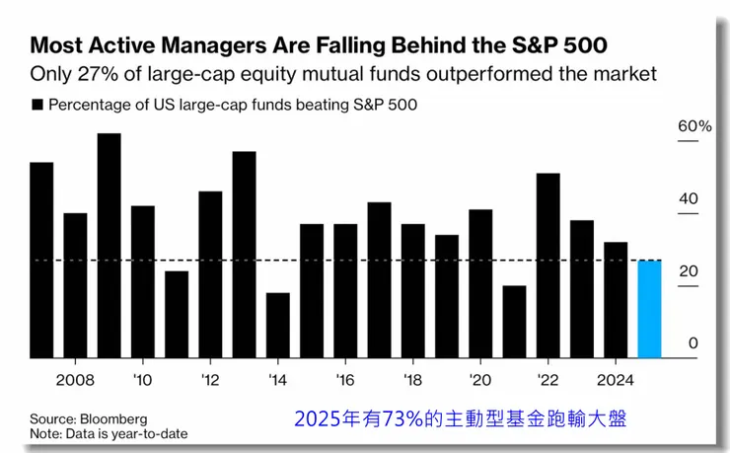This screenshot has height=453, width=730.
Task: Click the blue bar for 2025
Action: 649,309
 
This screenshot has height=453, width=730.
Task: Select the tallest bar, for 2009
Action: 109,246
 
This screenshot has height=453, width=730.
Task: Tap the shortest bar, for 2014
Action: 278,326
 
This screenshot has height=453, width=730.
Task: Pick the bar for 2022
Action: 547,265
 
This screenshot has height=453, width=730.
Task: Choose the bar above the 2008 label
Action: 75,285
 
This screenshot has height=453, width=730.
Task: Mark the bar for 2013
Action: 244,255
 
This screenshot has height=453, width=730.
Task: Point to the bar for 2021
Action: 514,322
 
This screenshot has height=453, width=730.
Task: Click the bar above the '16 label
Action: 345,291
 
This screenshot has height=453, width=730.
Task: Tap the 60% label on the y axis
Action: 694,126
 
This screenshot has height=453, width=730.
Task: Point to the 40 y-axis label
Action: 689,198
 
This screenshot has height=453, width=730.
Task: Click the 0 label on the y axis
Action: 693,343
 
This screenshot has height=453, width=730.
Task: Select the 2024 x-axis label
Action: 616,380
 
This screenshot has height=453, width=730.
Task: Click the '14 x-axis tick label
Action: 278,380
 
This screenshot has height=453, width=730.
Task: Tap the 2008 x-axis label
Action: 75,380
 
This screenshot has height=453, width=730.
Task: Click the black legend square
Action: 37,105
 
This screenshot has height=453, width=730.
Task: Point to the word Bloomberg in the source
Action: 113,419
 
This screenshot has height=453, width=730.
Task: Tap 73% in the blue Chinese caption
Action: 402,419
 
